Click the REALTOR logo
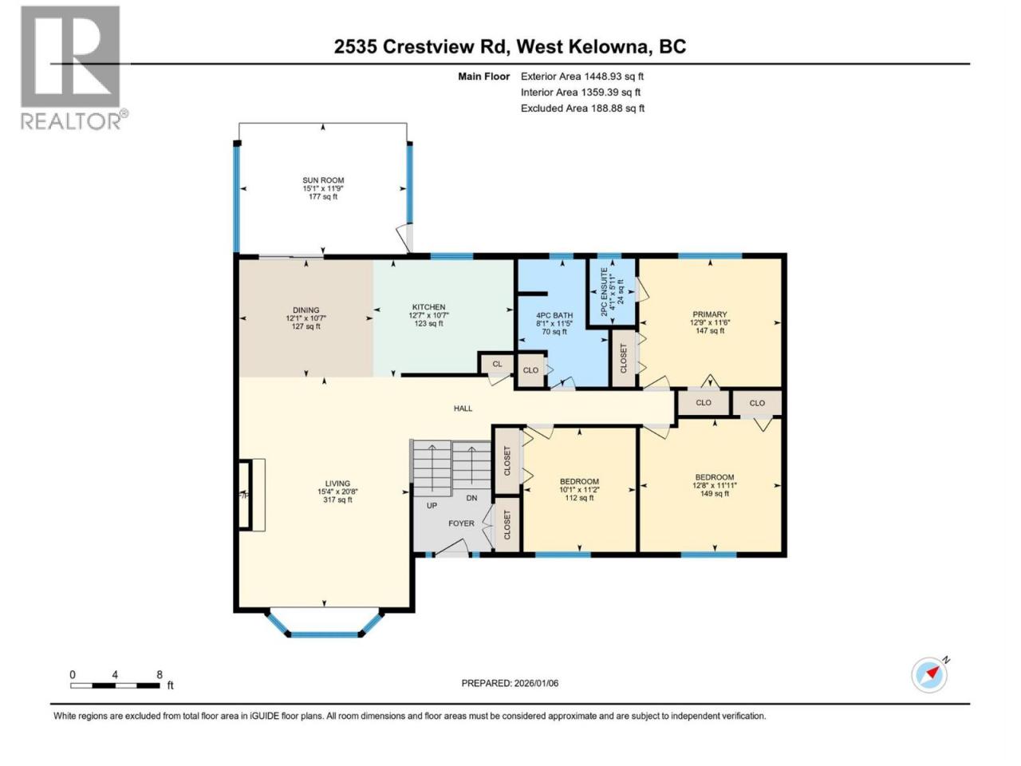[73, 69]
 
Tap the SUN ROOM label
[323, 188]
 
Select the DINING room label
[306, 318]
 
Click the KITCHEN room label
[428, 315]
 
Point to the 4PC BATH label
[554, 324]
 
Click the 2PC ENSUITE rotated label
[612, 291]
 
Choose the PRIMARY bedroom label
[709, 322]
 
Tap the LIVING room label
[337, 492]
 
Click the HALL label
[463, 409]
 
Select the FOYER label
[461, 523]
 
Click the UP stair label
[432, 506]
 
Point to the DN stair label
[471, 498]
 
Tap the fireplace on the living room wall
[251, 495]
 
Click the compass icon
[929, 675]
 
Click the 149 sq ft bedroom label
[715, 486]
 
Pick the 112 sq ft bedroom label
[579, 490]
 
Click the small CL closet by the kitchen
[497, 364]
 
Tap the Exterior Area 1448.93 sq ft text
[582, 77]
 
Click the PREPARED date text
[510, 683]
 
